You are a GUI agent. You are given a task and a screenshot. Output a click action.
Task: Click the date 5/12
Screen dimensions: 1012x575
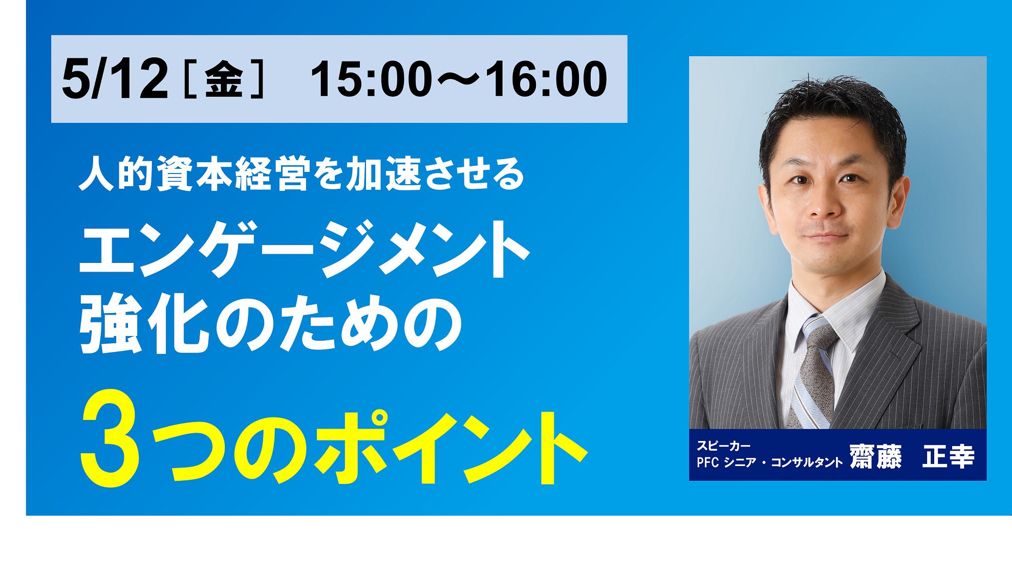pyautogui.click(x=115, y=79)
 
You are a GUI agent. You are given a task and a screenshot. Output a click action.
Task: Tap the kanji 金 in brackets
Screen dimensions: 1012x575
pyautogui.click(x=224, y=80)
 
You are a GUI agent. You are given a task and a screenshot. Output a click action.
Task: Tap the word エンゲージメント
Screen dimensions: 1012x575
pyautogui.click(x=305, y=249)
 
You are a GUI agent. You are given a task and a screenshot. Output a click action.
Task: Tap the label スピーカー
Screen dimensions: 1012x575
pyautogui.click(x=723, y=446)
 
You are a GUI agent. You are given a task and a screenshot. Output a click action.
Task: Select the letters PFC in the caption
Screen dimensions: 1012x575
pyautogui.click(x=708, y=462)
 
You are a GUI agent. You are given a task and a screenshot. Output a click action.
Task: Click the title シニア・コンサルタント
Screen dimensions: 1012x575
pyautogui.click(x=783, y=462)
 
